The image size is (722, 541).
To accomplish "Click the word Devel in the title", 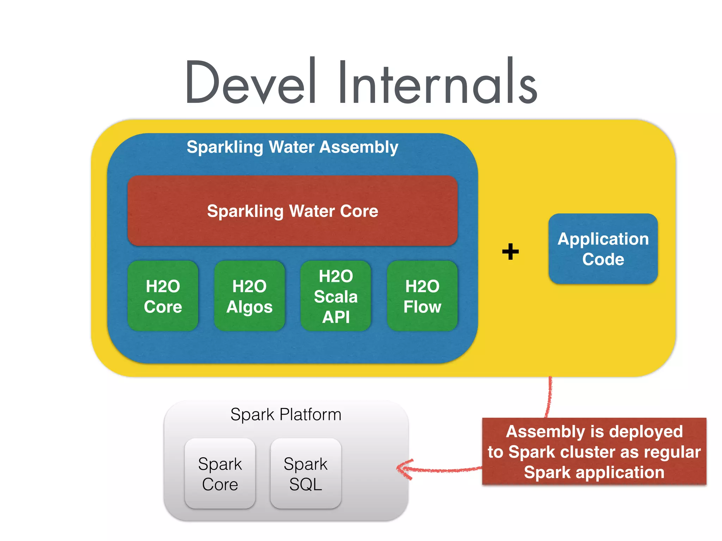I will pos(250,83).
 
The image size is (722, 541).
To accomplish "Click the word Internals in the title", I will pos(437,83).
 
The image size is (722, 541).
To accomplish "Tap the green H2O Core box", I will pos(163,296).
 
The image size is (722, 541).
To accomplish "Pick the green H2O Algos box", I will pos(249,296).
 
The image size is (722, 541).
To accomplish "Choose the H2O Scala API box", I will pos(336,296).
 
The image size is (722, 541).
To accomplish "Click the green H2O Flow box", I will pos(422,296).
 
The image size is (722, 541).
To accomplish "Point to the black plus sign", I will pos(510,251).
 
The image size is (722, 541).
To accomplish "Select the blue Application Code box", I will pos(603,249).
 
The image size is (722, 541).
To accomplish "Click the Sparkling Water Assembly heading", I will pos(292,147).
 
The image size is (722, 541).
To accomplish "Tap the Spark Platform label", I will pos(286,415).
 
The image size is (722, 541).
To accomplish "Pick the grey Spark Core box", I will pos(220,473).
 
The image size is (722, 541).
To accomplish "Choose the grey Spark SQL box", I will pos(306,473).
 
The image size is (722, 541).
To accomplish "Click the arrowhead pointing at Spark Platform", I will pos(402,469).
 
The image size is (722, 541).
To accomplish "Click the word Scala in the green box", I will pos(336,297).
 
